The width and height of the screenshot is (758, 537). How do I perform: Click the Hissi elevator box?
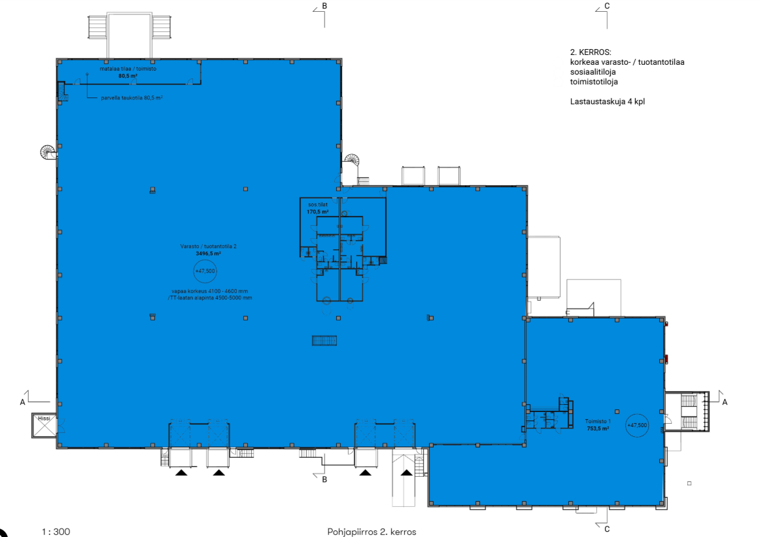point(44,425)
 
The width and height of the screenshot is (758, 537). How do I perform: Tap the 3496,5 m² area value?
point(209,253)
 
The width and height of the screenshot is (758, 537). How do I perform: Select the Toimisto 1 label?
point(598,421)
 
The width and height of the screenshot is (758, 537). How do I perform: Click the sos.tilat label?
point(318,205)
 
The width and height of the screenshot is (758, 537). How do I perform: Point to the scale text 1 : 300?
point(56,532)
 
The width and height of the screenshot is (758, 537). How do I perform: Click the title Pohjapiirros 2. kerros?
point(371,532)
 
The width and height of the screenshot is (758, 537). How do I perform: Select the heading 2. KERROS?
point(591,52)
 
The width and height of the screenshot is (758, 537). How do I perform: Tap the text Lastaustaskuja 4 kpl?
point(607,101)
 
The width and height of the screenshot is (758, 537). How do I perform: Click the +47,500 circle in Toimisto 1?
point(636,425)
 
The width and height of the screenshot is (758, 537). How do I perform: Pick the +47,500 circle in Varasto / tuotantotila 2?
point(205,271)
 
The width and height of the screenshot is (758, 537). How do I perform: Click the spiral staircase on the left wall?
point(48,153)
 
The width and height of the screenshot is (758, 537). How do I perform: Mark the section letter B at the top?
point(324,6)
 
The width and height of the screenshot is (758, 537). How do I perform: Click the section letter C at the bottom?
point(607,529)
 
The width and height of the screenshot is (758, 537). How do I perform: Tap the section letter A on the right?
point(725,402)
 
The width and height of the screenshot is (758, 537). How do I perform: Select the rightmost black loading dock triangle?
point(407,473)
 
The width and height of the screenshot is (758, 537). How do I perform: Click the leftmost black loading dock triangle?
point(181,473)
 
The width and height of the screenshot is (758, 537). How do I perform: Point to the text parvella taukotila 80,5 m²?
point(131,97)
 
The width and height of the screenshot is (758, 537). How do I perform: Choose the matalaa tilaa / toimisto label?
point(128,69)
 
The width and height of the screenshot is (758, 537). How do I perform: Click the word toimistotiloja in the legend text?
point(594,82)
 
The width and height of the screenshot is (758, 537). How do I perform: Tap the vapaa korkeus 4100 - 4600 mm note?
point(210,291)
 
